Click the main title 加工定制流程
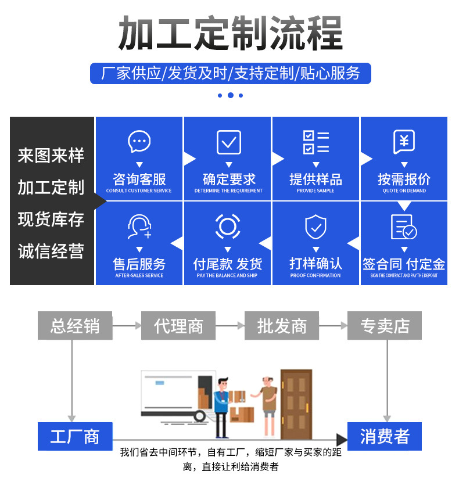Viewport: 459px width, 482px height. [x=230, y=33]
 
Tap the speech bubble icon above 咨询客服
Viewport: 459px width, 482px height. [x=139, y=142]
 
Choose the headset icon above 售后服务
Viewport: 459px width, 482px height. [x=139, y=226]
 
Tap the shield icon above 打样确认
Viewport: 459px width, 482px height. [x=315, y=227]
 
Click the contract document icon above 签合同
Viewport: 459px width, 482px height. [x=403, y=227]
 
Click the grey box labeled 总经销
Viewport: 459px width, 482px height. [x=75, y=326]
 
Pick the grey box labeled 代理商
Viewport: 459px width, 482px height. [x=178, y=326]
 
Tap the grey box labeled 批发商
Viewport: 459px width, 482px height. [x=281, y=326]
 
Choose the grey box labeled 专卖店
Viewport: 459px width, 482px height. [x=384, y=326]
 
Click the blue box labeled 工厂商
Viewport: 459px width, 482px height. [x=75, y=436]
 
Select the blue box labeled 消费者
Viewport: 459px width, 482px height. [x=384, y=436]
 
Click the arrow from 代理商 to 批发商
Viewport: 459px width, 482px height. [x=230, y=326]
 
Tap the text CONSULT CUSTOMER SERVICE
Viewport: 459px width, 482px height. [x=139, y=191]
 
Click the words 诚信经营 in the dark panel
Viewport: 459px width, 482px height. [x=51, y=251]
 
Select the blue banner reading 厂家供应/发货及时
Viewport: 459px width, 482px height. [x=230, y=73]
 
